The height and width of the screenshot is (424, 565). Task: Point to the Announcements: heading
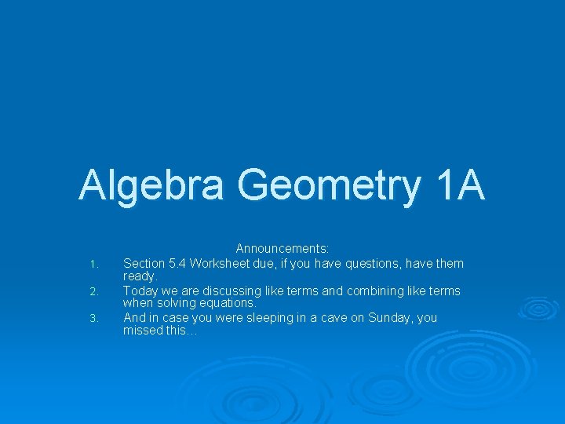click(x=282, y=249)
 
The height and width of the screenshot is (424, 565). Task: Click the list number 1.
click(x=93, y=264)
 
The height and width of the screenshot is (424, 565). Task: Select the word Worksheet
click(x=218, y=263)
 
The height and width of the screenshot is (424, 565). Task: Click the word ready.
click(x=140, y=276)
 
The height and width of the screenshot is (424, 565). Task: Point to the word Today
click(x=140, y=291)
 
